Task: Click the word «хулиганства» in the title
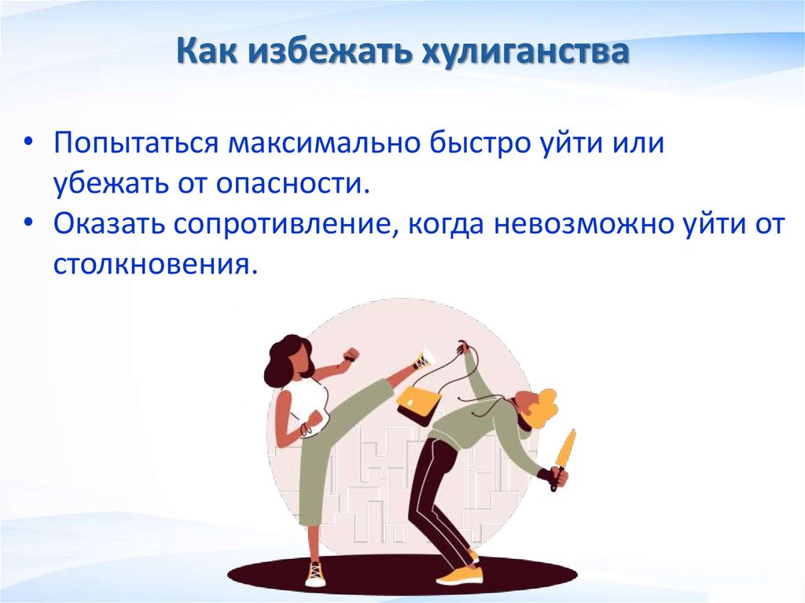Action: click(x=526, y=53)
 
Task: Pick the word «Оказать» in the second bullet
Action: click(x=108, y=224)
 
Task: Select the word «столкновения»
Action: click(x=155, y=263)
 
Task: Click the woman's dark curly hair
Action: click(x=284, y=358)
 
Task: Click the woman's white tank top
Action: click(x=297, y=403)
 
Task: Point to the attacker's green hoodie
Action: click(x=472, y=425)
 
